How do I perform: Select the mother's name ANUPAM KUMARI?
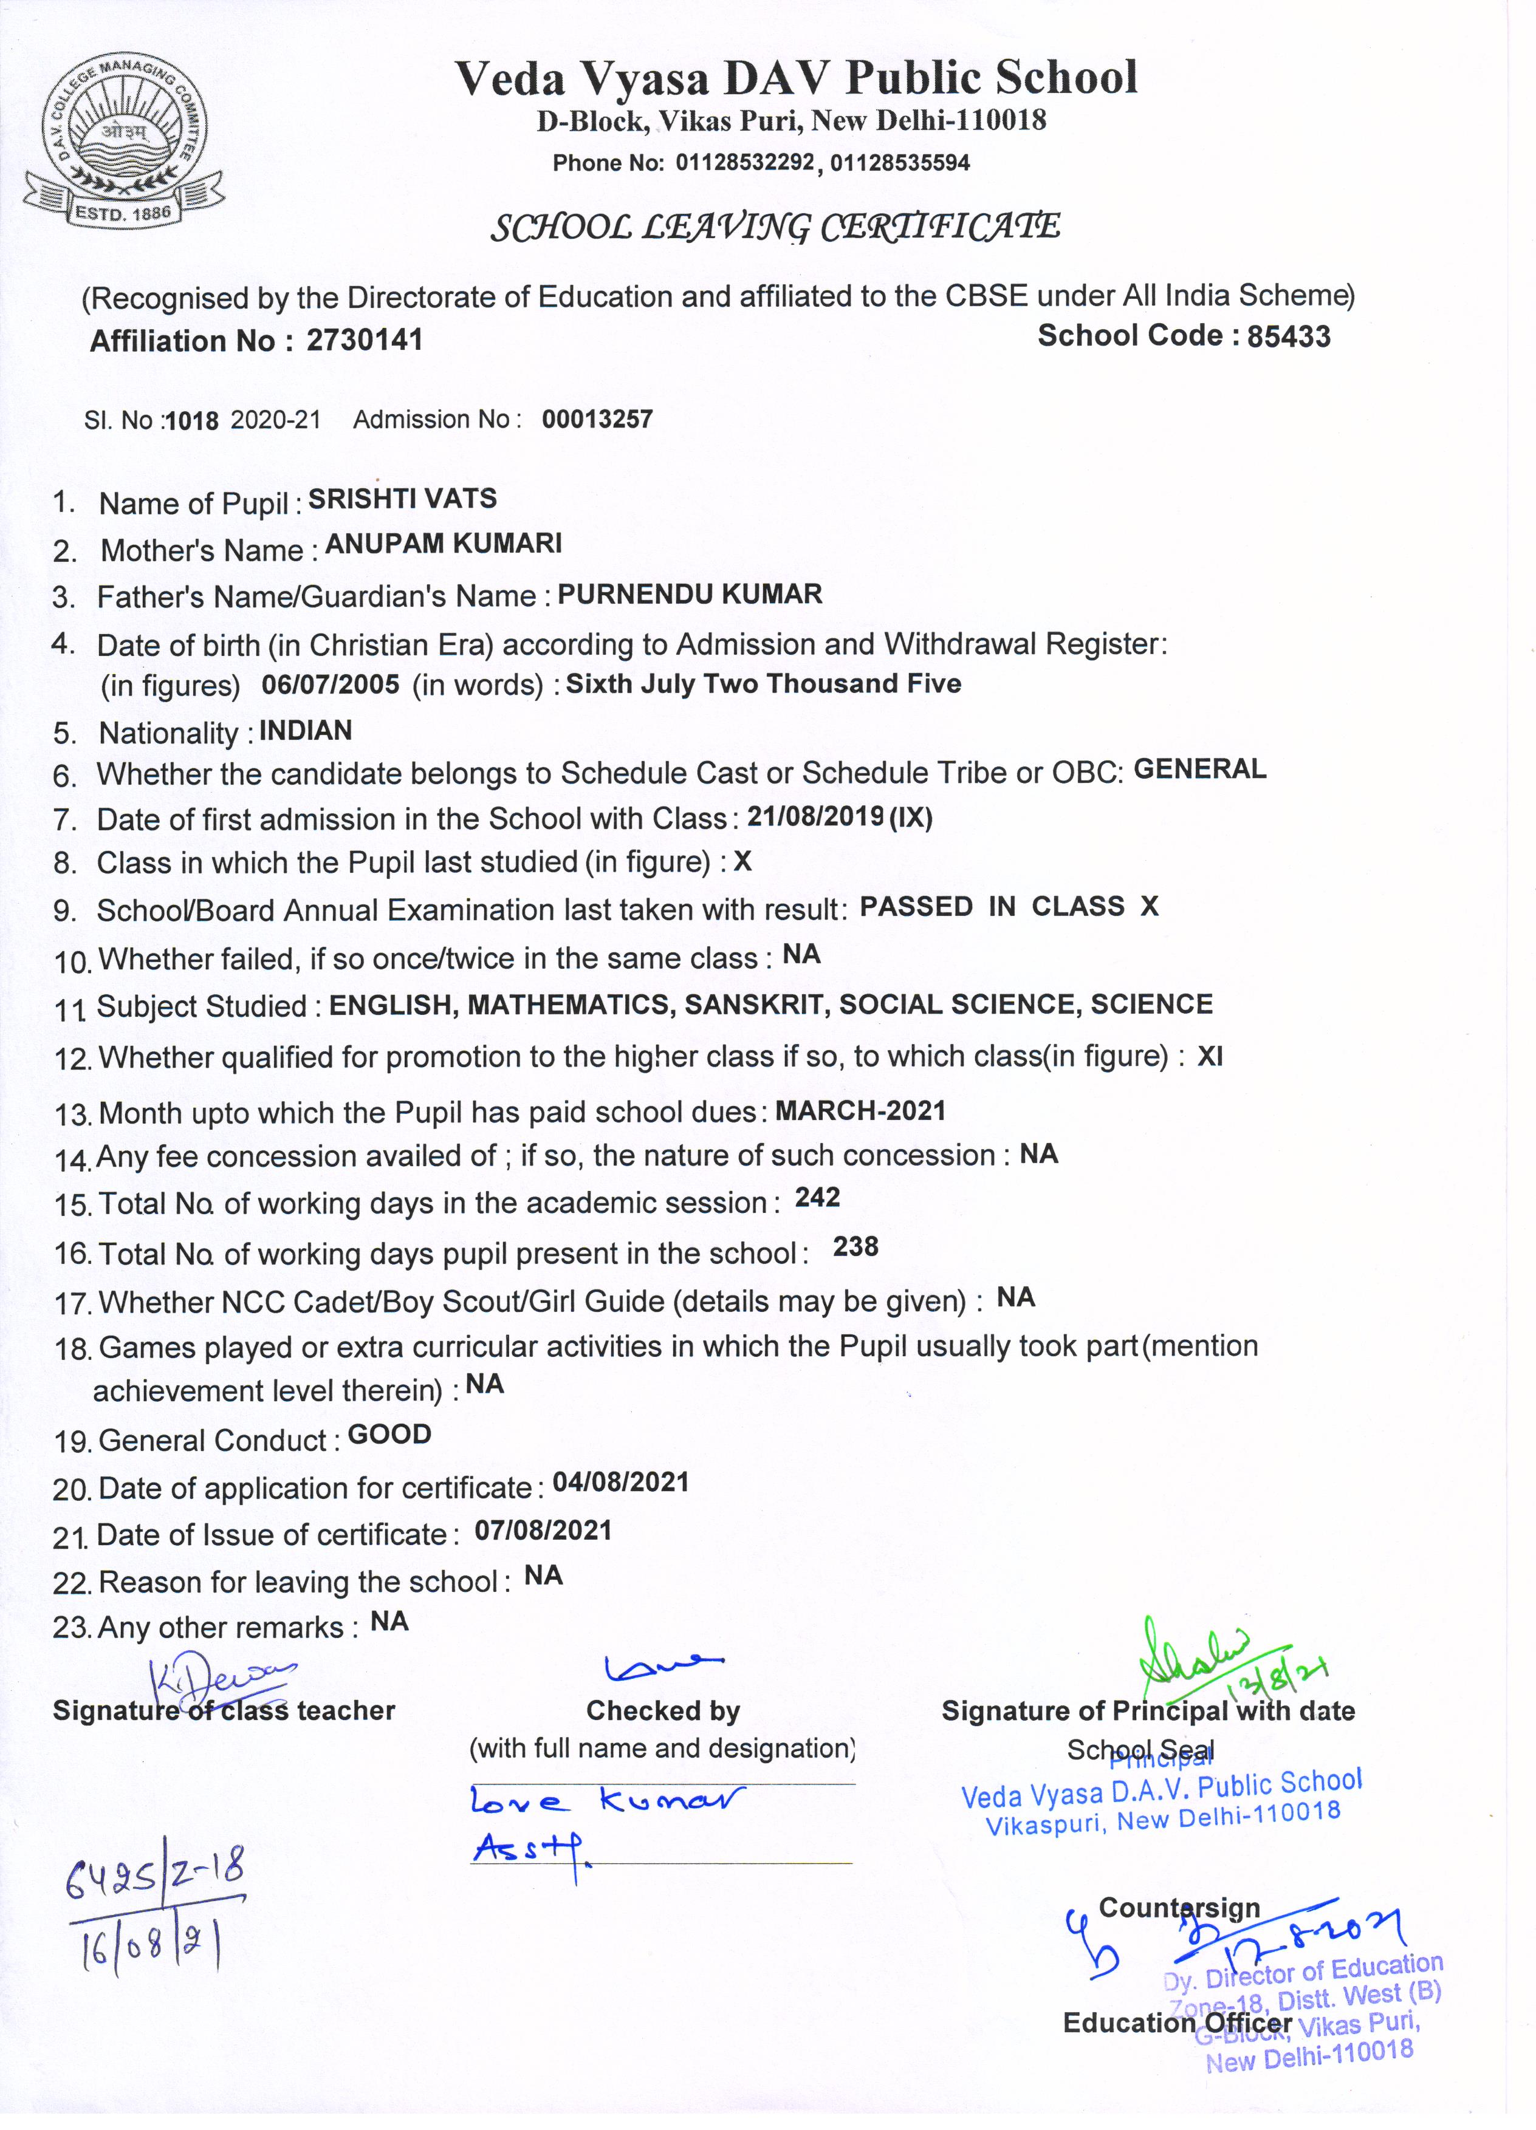click(x=444, y=544)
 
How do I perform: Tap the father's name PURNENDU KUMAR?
click(x=690, y=595)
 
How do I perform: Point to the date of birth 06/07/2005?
click(x=330, y=684)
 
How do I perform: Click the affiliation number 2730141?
click(x=365, y=340)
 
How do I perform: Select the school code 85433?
click(x=1288, y=336)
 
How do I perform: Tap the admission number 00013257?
click(x=597, y=420)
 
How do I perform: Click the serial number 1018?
click(x=191, y=422)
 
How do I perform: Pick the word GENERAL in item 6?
click(x=1199, y=769)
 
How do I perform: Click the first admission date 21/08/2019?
click(x=815, y=817)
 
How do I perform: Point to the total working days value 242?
click(x=817, y=1198)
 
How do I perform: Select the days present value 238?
click(x=855, y=1247)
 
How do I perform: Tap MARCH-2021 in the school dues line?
click(x=860, y=1111)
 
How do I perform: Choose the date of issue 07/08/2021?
click(x=543, y=1531)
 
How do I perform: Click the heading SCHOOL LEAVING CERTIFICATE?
click(x=775, y=227)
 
